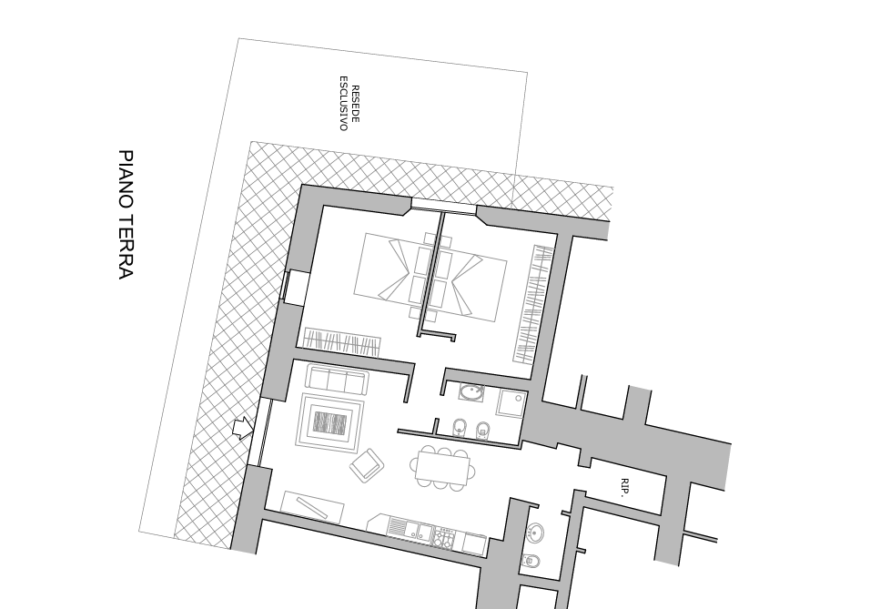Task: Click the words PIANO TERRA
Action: tap(126, 214)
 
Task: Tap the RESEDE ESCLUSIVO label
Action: tap(349, 103)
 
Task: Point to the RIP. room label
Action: tap(625, 487)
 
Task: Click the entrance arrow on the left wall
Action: tap(243, 428)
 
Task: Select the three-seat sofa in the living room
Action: tap(337, 381)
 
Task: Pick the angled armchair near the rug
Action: tap(367, 466)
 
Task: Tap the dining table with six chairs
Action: tap(443, 468)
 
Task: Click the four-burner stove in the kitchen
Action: tap(444, 537)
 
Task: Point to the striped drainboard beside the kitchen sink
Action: tap(398, 527)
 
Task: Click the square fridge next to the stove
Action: tap(473, 543)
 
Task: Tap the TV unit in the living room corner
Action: tap(312, 507)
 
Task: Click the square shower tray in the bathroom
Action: tap(511, 404)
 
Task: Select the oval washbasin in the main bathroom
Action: tap(471, 392)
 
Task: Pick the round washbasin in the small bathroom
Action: tap(535, 533)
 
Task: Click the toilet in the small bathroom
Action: tap(531, 562)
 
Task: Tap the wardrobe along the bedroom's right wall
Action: tap(532, 304)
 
